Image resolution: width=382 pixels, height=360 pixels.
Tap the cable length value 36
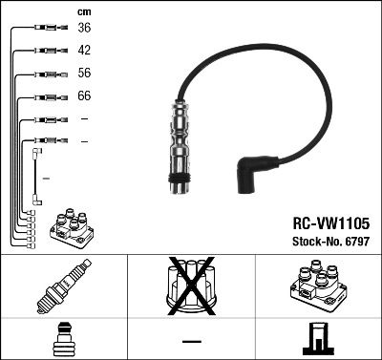pos(85,28)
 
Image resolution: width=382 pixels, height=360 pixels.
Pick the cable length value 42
pos(85,51)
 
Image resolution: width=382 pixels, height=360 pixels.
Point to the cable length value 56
pos(85,74)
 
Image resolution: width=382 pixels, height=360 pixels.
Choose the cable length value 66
pos(85,96)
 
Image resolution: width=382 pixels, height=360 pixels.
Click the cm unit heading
pos(84,11)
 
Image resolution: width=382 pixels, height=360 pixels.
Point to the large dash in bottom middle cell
pos(191,340)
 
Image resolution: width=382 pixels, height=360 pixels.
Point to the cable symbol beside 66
pos(48,96)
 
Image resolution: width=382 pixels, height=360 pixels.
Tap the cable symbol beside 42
pos(48,51)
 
